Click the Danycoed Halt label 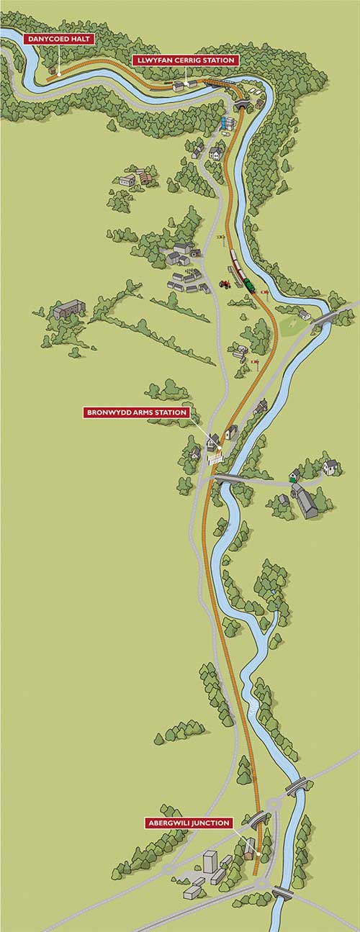(58, 38)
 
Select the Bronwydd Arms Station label (137, 413)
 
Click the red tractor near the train (225, 284)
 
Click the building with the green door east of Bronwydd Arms (294, 474)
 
